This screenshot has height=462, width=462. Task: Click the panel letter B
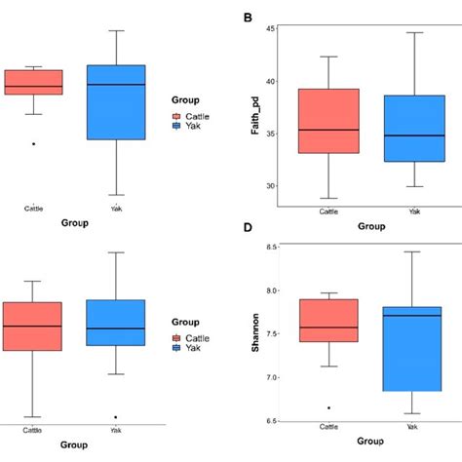[248, 17]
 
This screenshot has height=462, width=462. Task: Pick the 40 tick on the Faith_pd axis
[266, 81]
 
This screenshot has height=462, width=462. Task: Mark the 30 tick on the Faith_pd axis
[266, 186]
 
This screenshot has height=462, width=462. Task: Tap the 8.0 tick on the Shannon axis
[264, 290]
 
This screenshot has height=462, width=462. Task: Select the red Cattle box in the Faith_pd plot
[327, 121]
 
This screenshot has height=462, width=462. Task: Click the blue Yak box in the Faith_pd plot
[413, 128]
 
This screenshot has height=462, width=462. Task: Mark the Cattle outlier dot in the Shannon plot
[327, 407]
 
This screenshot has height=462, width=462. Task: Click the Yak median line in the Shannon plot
[413, 316]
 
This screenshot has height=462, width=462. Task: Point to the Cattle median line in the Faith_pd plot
[327, 130]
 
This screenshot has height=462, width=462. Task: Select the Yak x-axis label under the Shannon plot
[413, 428]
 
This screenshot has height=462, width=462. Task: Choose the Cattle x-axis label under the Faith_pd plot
[327, 211]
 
